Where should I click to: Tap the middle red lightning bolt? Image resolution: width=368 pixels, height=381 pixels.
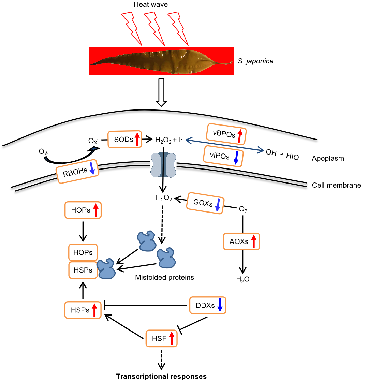[154, 28]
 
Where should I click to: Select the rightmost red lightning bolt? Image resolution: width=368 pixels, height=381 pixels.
[178, 28]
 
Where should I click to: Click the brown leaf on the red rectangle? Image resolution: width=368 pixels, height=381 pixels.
[160, 61]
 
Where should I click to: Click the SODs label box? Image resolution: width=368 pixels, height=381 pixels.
[125, 140]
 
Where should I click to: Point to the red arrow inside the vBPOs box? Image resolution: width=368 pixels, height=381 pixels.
[239, 136]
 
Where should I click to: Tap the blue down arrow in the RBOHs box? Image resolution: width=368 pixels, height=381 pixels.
[92, 169]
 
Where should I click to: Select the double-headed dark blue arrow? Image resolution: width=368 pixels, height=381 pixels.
[224, 145]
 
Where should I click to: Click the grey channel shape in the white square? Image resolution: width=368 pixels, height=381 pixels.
[163, 164]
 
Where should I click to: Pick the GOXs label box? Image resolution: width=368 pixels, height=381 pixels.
[205, 203]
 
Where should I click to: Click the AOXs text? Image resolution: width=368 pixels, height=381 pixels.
[239, 242]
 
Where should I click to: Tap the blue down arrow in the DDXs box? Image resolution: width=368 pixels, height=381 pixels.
[220, 305]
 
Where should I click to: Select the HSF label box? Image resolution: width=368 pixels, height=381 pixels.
[161, 339]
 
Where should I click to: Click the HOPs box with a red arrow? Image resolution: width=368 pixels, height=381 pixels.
[83, 210]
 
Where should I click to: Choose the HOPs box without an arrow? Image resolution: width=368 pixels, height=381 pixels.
[83, 253]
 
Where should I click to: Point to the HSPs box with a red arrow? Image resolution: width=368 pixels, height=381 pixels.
[83, 310]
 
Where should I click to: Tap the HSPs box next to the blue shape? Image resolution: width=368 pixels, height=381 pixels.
[83, 270]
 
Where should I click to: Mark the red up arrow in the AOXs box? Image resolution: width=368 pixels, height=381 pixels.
[253, 241]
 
